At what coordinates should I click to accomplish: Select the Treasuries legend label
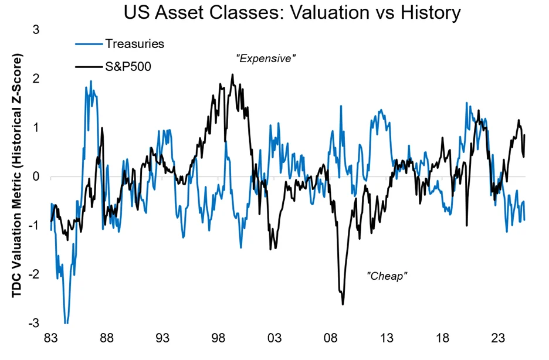point(134,43)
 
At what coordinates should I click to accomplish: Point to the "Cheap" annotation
point(387,276)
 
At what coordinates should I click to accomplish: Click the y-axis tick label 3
point(36,29)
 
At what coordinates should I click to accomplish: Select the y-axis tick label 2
point(36,79)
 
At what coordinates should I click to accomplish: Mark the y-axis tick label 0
point(36,176)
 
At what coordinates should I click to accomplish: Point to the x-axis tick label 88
point(106,339)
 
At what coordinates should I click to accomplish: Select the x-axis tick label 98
point(218,339)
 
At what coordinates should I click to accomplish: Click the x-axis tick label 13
point(387,339)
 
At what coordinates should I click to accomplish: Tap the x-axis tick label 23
point(499,339)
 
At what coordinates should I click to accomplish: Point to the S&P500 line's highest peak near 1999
point(232,74)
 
